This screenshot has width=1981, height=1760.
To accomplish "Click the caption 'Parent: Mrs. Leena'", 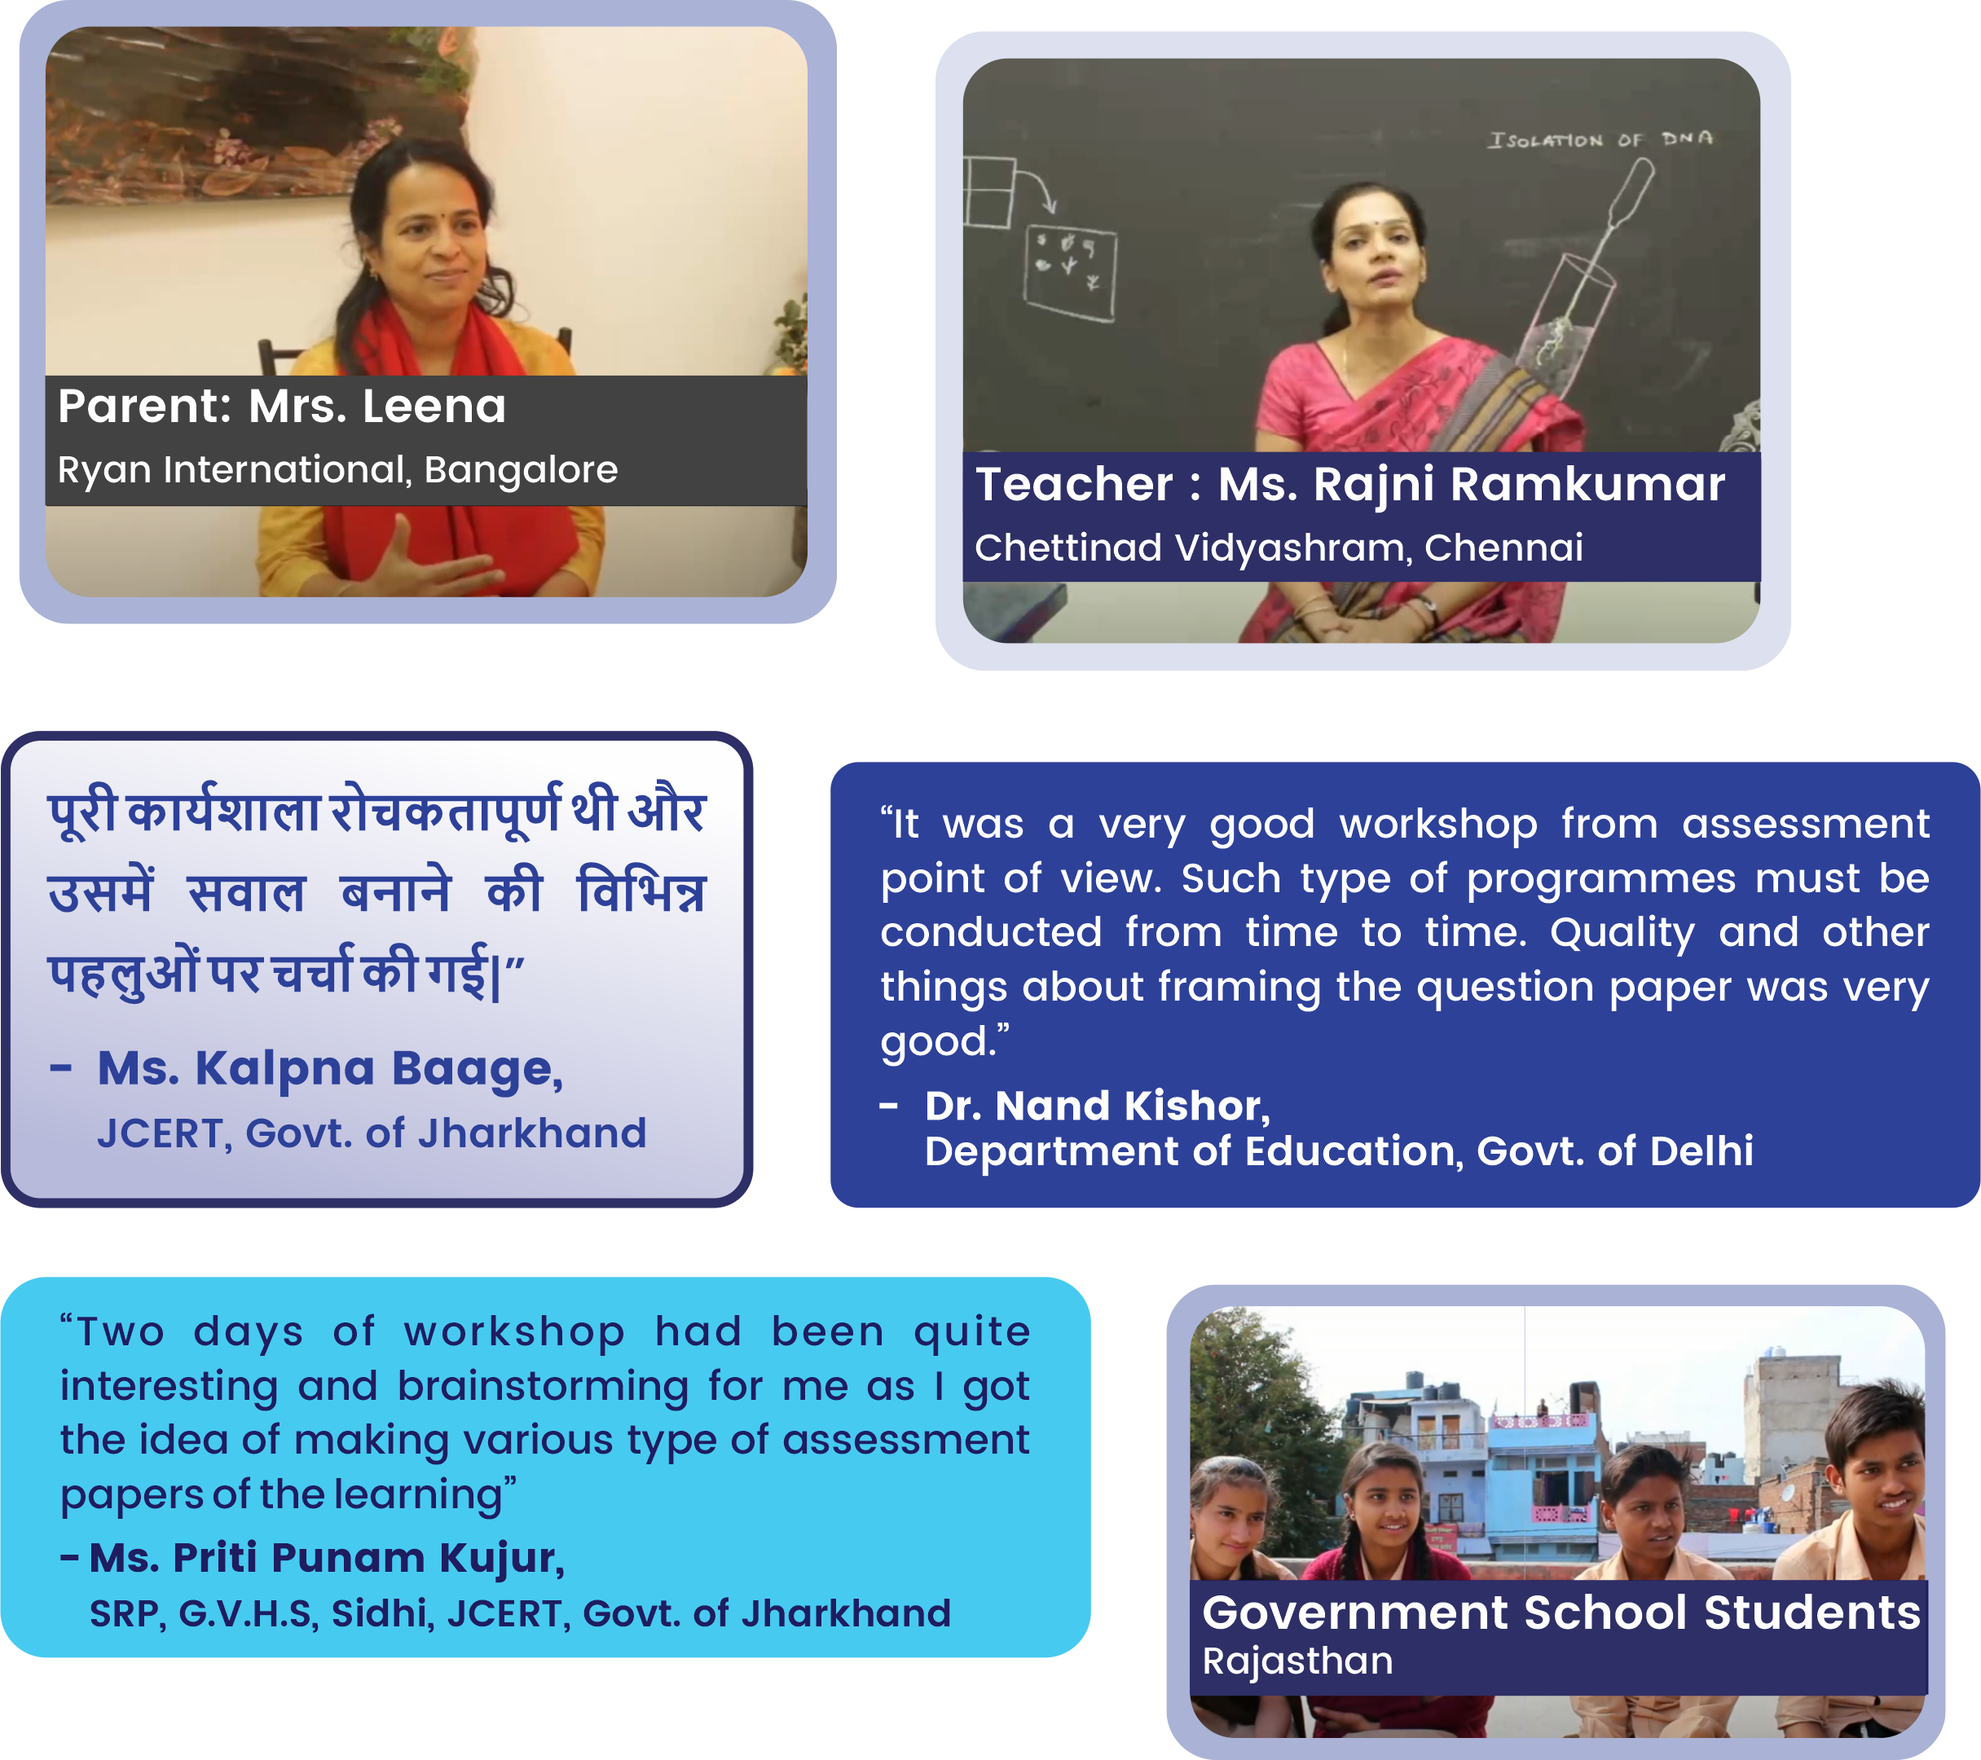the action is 282,406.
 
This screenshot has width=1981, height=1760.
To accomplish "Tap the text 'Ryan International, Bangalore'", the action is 337,470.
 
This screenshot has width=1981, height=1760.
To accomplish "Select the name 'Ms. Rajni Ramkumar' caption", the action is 1471,486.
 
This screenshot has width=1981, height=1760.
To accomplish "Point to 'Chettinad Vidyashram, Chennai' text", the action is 1279,548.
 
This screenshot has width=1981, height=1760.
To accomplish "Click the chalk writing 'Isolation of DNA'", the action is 1601,139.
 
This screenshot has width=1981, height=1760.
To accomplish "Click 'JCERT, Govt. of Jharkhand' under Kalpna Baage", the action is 372,1133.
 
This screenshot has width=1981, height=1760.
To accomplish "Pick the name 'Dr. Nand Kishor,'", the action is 1097,1106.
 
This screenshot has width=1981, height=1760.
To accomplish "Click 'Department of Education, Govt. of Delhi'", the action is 1338,1151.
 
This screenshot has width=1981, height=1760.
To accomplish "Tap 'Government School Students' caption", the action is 1561,1613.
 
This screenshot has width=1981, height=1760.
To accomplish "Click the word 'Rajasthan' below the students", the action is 1298,1661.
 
